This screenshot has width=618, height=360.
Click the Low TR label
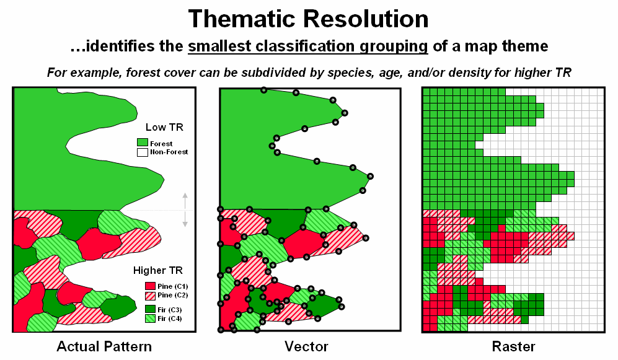pyautogui.click(x=164, y=128)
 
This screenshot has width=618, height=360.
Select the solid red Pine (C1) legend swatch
pyautogui.click(x=149, y=286)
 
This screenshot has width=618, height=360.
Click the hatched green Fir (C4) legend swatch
pyautogui.click(x=149, y=318)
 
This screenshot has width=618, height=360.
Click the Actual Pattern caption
pyautogui.click(x=104, y=346)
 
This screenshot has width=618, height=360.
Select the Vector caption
pyautogui.click(x=306, y=346)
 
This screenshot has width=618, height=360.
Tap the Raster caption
pyautogui.click(x=514, y=346)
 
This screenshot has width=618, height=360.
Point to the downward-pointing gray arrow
pyautogui.click(x=185, y=220)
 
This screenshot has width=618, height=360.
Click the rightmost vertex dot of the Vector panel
pyautogui.click(x=371, y=176)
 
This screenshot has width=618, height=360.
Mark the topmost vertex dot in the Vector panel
pyautogui.click(x=263, y=90)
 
